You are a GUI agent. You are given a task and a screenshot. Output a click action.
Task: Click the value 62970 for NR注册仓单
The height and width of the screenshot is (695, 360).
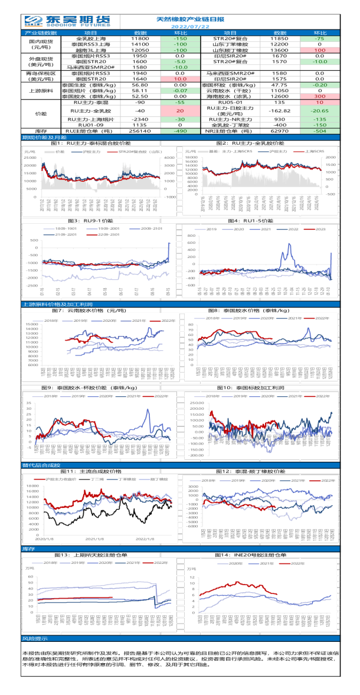(279, 131)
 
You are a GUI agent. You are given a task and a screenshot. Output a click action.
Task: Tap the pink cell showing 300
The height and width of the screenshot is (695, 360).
(319, 96)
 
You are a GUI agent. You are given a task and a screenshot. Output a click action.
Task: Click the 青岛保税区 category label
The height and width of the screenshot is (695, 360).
(41, 73)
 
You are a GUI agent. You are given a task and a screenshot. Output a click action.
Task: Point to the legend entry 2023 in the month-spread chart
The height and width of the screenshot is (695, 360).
(320, 228)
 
